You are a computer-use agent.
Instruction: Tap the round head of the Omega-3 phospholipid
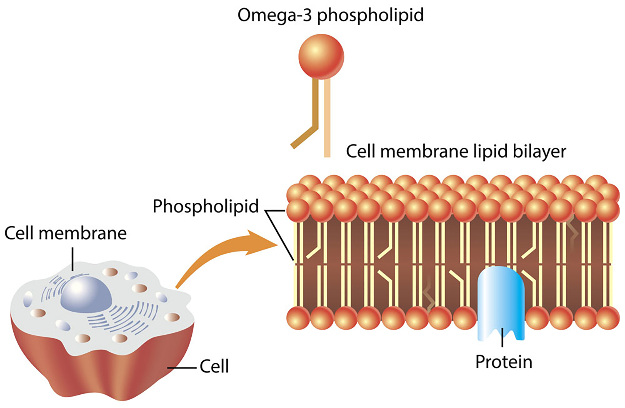point(321,57)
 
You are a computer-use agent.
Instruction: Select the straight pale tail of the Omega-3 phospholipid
point(327,121)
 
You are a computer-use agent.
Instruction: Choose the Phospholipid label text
point(205,207)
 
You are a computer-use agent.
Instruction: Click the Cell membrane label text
point(65,233)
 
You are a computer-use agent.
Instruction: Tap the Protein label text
point(504,362)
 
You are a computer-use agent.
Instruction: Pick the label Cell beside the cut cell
point(214,366)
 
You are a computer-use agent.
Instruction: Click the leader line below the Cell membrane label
point(73,259)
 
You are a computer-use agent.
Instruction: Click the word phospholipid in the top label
point(370,16)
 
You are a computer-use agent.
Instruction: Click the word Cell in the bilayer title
point(361,151)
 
